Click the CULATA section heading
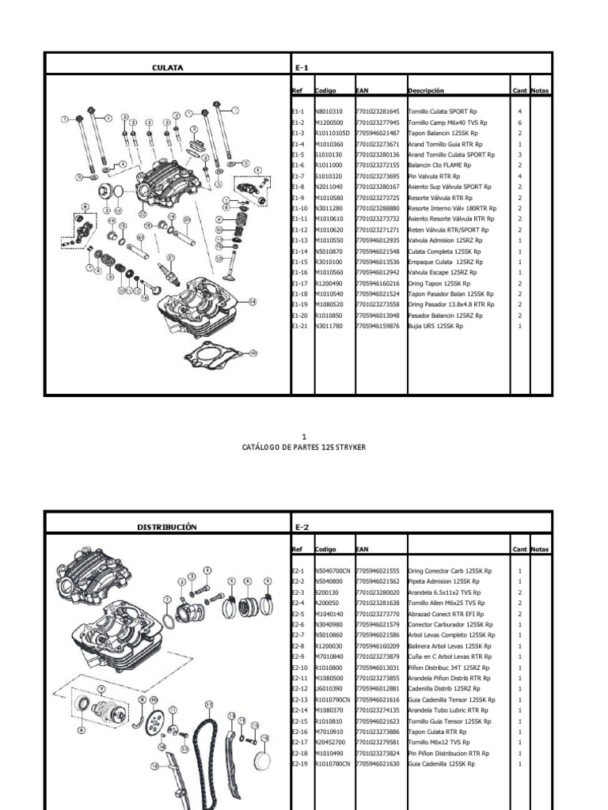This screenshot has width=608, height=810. coord(167,67)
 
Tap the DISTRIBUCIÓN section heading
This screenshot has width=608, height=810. coord(167,526)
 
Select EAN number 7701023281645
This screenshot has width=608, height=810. coord(378,112)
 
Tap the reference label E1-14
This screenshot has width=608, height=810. coord(298,251)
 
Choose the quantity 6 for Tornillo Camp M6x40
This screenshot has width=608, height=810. coord(519,123)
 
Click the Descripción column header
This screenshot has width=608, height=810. coord(426,91)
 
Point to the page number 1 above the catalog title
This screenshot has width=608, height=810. coord(304,436)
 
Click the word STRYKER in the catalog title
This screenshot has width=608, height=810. coord(348,447)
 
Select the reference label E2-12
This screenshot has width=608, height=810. coord(298,688)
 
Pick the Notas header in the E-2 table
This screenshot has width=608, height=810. coord(540,550)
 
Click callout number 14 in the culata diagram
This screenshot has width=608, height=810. coord(253,301)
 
